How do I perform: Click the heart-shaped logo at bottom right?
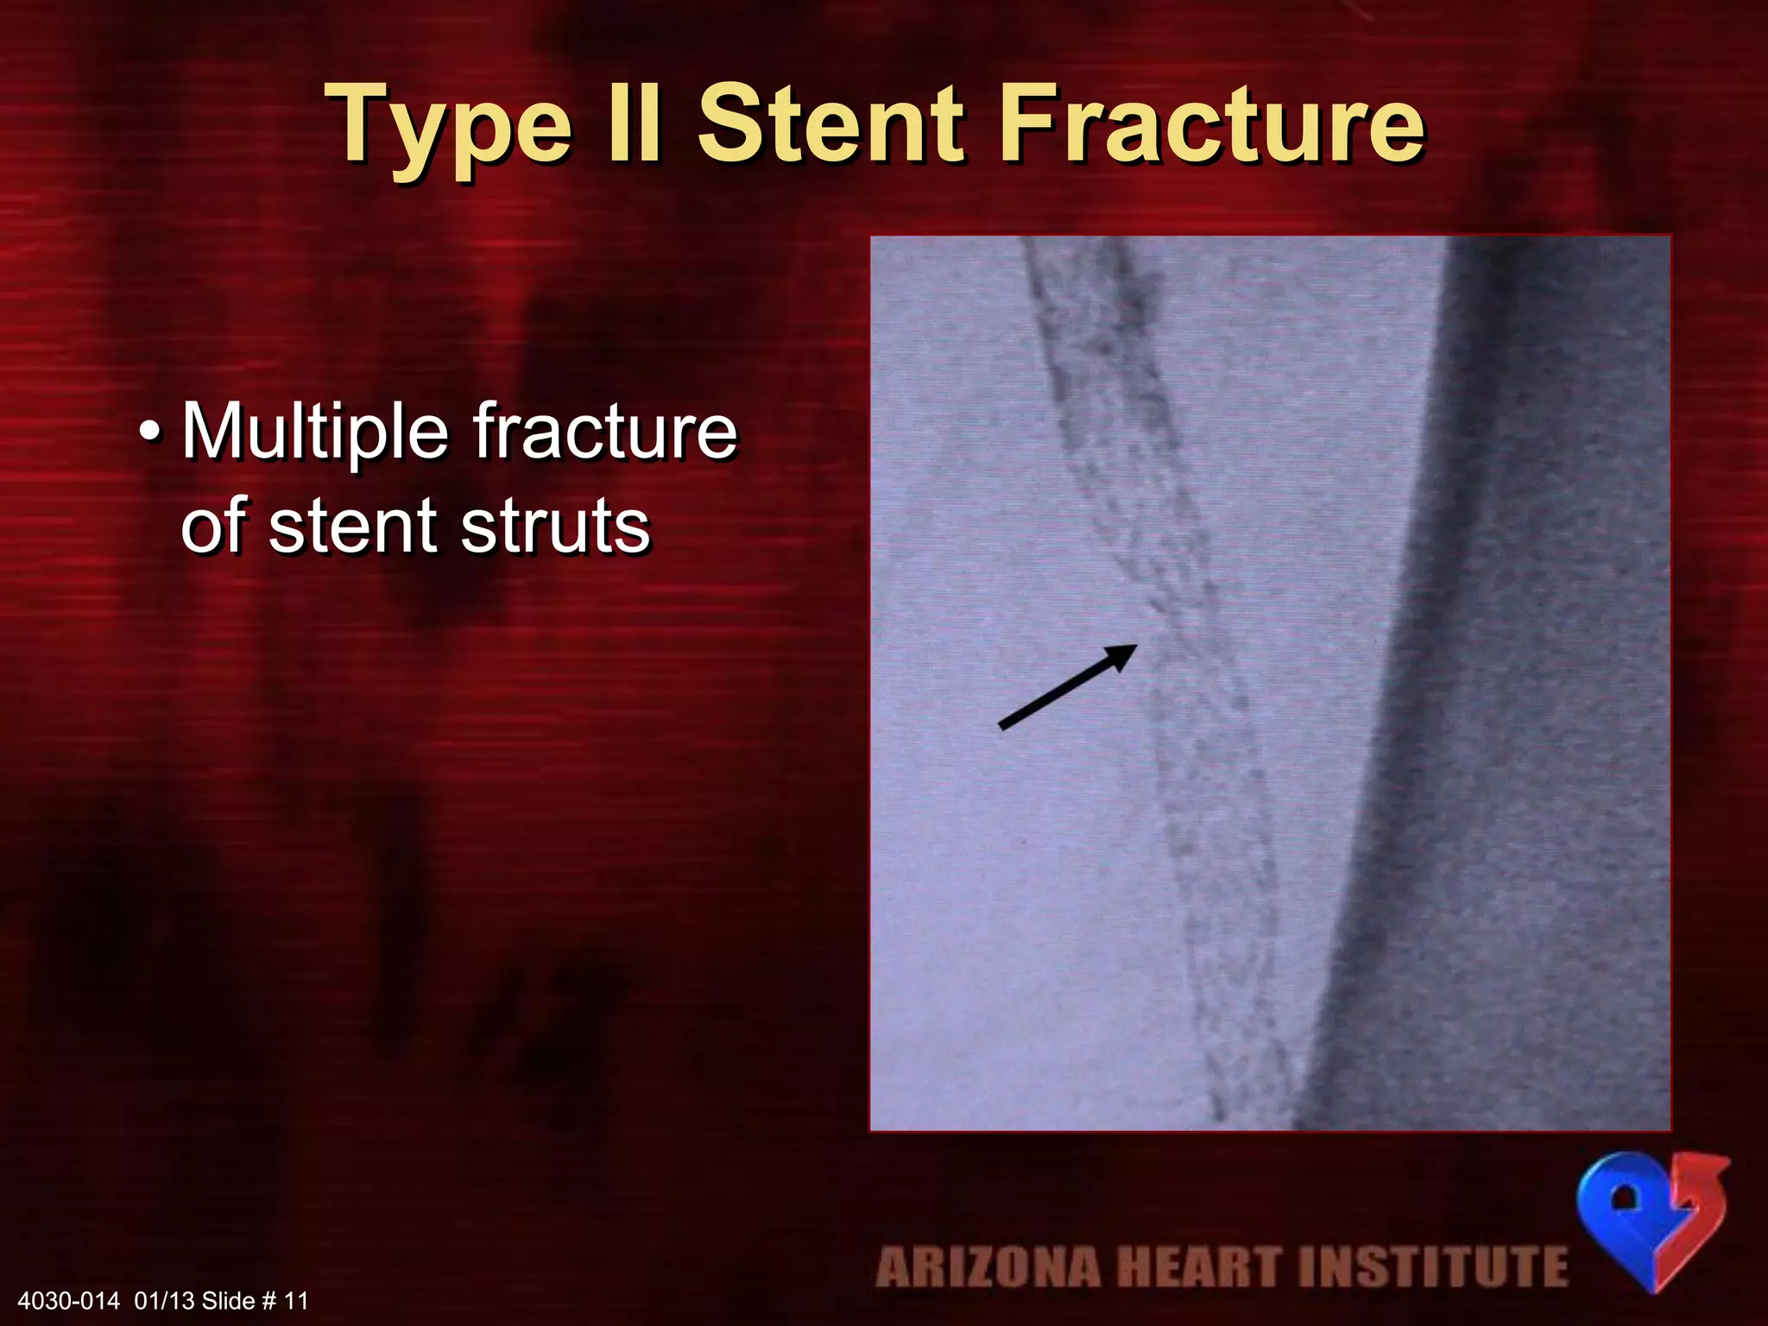click(x=1652, y=1218)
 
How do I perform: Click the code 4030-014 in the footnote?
click(x=68, y=1301)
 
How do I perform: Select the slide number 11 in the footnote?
click(x=296, y=1301)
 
